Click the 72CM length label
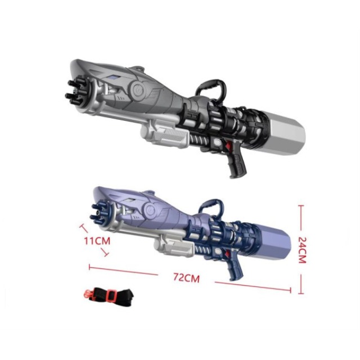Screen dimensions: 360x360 [186, 277]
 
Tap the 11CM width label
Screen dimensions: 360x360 [97, 241]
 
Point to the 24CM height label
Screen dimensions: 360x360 [301, 250]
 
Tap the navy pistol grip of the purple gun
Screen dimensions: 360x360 [235, 269]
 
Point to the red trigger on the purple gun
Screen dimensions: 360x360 [227, 254]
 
